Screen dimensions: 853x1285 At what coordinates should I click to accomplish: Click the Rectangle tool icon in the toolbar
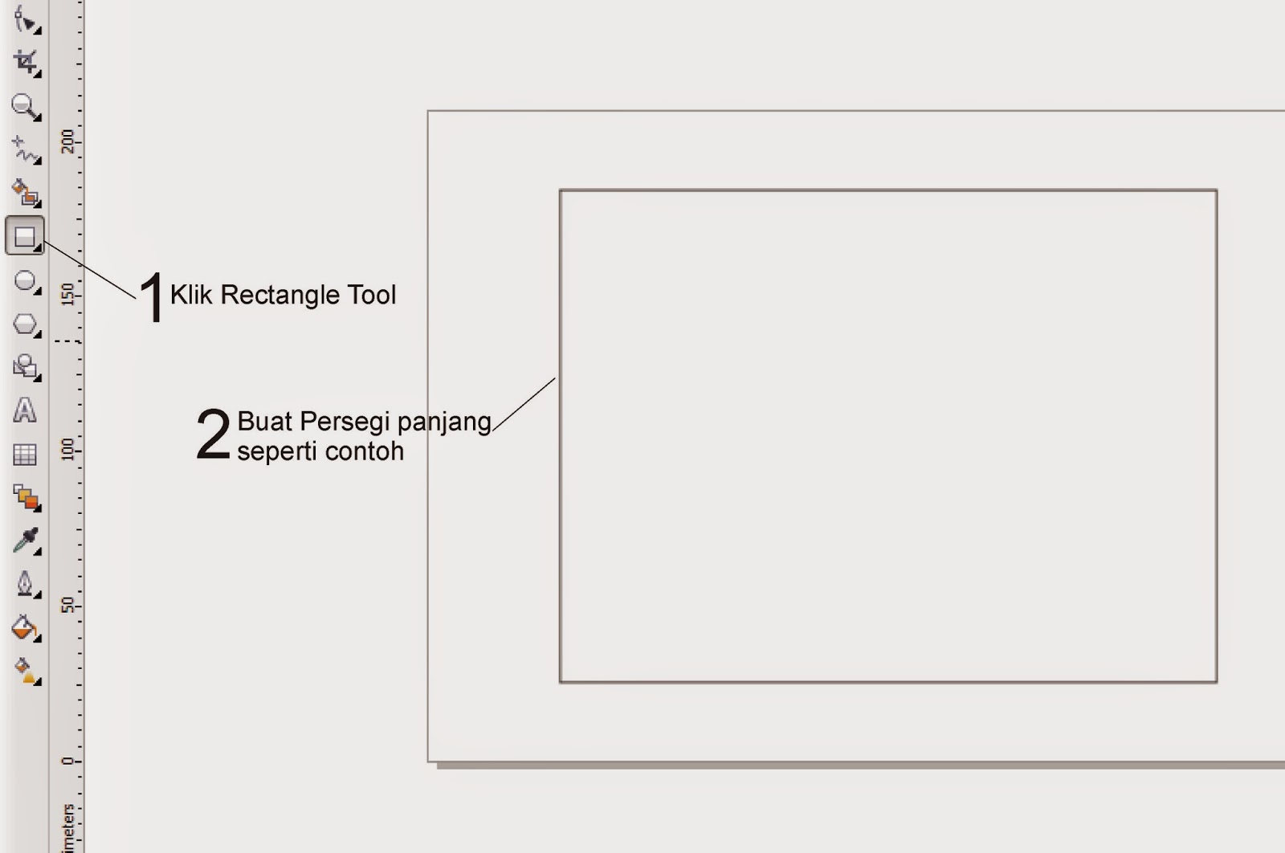point(25,236)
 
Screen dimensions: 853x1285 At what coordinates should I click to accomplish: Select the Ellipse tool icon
point(25,281)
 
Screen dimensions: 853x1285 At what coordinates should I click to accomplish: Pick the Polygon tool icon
point(25,324)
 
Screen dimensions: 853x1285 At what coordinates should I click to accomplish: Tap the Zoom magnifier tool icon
point(24,106)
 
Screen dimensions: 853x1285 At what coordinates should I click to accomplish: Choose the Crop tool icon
point(26,62)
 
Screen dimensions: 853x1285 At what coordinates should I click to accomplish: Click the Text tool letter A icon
point(25,410)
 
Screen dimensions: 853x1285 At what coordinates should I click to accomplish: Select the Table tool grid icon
point(25,455)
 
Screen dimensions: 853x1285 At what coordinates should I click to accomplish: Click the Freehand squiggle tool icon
point(25,149)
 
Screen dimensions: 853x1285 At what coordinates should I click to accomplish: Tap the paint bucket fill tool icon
point(24,627)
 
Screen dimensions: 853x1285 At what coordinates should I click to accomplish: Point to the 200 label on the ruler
point(68,141)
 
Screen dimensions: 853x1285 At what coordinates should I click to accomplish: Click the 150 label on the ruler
point(68,295)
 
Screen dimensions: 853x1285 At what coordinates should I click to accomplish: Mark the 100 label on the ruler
point(68,450)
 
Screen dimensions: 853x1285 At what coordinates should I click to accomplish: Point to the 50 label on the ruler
point(68,605)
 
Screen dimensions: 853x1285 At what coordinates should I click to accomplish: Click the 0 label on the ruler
point(68,760)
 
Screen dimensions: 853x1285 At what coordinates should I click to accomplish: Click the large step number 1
point(151,296)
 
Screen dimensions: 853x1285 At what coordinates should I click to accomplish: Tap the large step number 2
point(213,435)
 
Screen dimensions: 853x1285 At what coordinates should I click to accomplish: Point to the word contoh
point(368,451)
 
